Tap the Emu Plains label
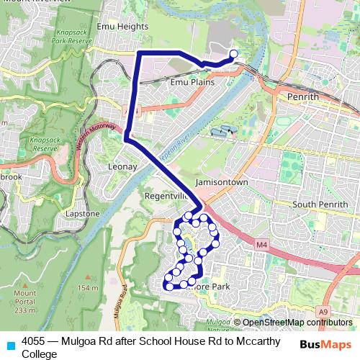point(192,82)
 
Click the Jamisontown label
point(221,183)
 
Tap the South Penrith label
point(320,205)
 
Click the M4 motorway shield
point(261,246)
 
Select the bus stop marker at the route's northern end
point(233,53)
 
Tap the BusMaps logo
point(326,344)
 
